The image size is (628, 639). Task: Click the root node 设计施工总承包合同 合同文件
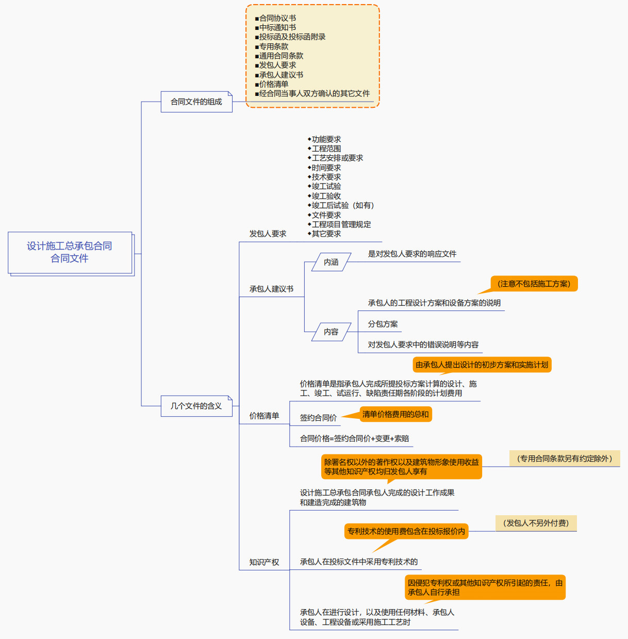point(70,252)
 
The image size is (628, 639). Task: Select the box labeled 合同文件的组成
point(196,102)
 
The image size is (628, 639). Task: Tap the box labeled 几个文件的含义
point(196,406)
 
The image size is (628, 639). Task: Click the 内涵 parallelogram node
point(331,262)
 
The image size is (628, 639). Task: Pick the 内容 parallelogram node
point(331,332)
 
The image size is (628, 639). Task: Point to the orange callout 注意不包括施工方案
point(534,284)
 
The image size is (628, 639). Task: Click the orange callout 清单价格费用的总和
point(395,414)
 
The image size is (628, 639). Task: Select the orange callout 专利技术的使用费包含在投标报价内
point(406,531)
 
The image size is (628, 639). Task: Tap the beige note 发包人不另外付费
point(536,523)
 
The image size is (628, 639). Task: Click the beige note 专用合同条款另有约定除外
point(565,458)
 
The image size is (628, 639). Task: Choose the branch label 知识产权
point(264,562)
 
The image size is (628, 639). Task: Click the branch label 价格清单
point(264,416)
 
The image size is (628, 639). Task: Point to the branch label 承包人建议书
point(271,289)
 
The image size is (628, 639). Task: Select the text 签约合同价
point(318,418)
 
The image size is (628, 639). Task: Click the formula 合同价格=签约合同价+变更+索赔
point(355,438)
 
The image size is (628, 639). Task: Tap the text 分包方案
point(383,324)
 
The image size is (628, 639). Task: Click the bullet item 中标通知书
point(277,27)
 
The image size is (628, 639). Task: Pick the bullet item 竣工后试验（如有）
point(342,205)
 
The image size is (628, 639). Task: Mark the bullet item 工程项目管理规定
point(341,224)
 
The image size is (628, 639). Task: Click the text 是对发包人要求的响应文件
point(412,254)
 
